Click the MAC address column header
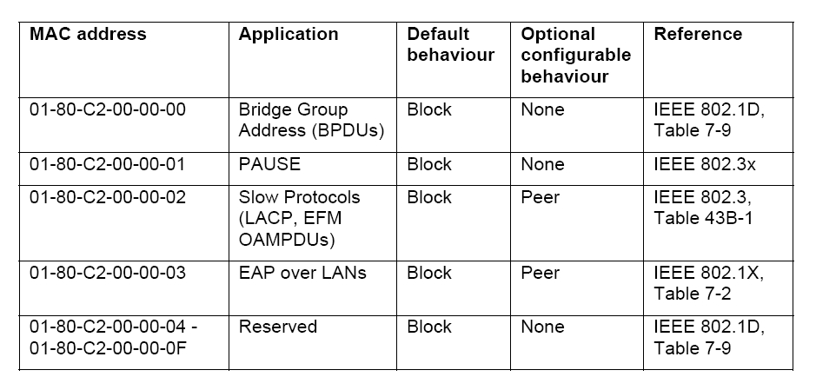(x=88, y=35)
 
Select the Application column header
(x=289, y=35)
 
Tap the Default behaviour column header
(x=451, y=44)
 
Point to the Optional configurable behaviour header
(x=575, y=55)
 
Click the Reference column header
(x=698, y=35)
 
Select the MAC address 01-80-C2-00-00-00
(x=108, y=109)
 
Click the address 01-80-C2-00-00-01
(x=107, y=164)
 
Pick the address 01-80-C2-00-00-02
(x=108, y=197)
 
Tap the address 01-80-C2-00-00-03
(x=108, y=273)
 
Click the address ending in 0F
(x=108, y=348)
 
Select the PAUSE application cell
(x=269, y=164)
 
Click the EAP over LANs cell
(x=302, y=273)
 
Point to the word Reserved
(x=278, y=327)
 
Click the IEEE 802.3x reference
(x=705, y=164)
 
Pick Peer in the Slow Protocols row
(x=541, y=197)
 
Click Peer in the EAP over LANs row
(x=541, y=273)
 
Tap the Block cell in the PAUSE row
(x=429, y=164)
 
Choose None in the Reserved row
(x=542, y=327)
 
